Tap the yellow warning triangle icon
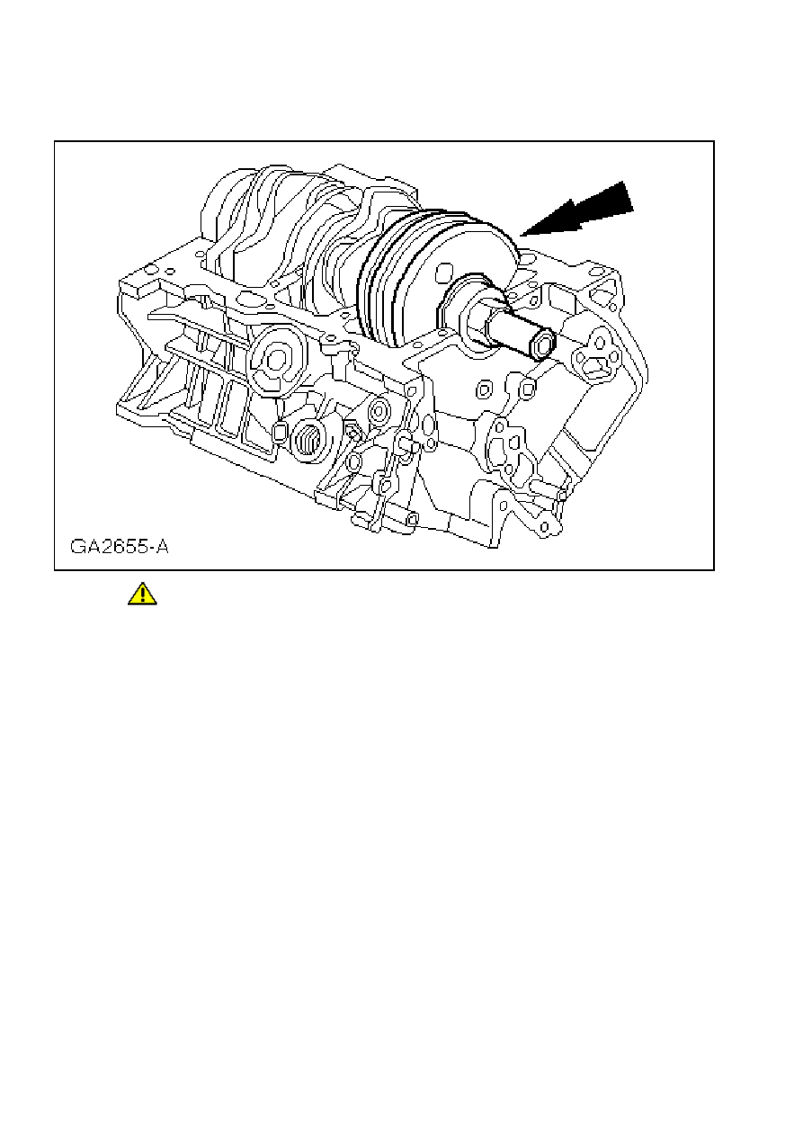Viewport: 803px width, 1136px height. [x=142, y=594]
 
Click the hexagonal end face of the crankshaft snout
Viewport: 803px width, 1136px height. [x=542, y=344]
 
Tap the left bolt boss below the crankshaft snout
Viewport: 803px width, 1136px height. [x=483, y=389]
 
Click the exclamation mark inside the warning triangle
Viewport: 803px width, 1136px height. [x=142, y=595]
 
